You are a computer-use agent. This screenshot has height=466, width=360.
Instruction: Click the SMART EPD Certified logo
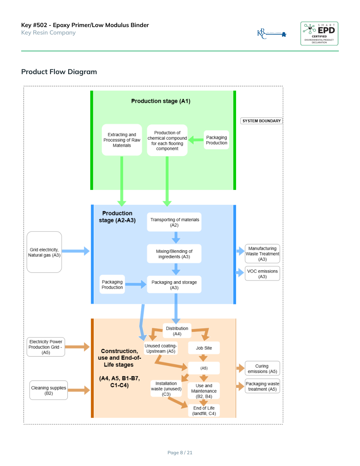click(319, 33)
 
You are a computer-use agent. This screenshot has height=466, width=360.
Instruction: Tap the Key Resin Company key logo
click(271, 34)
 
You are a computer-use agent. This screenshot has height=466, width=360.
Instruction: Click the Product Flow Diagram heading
click(59, 72)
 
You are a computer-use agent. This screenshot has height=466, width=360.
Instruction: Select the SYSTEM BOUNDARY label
click(262, 121)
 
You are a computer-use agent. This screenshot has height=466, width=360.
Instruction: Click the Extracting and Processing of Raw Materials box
click(122, 140)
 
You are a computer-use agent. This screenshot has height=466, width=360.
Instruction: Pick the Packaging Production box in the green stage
click(216, 140)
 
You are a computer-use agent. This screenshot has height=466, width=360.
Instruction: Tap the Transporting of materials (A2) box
click(175, 222)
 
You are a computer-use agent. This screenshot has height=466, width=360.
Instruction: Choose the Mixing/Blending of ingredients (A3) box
click(175, 254)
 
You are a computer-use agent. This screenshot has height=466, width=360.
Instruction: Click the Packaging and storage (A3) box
click(174, 285)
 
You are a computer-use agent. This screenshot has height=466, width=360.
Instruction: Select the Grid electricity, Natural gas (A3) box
click(44, 252)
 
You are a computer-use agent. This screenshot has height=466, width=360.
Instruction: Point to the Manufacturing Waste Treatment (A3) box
click(262, 254)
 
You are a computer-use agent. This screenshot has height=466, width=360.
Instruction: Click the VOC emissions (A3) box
click(262, 274)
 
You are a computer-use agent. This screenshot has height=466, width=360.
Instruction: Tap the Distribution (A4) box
click(177, 331)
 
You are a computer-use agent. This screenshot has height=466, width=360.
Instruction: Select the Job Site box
click(204, 348)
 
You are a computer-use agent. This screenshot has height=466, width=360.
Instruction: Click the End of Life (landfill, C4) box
click(204, 411)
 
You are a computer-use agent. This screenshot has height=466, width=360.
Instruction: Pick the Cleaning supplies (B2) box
click(49, 390)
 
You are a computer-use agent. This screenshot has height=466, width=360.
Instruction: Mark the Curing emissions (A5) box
click(262, 369)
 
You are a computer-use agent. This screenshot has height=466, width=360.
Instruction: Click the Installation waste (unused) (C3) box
click(166, 389)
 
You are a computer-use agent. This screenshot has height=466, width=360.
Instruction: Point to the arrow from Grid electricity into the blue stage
click(76, 251)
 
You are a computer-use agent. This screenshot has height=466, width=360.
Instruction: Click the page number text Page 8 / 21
click(180, 453)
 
